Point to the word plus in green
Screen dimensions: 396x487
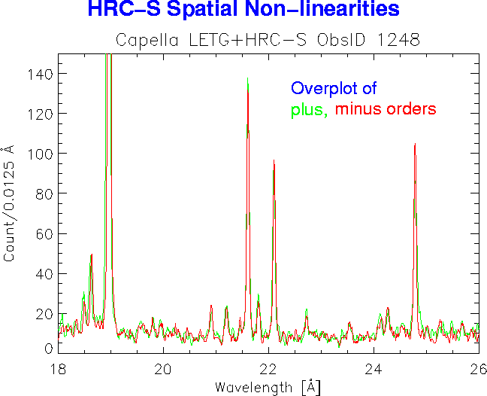[x=309, y=110]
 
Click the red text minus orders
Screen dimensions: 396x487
[x=386, y=109]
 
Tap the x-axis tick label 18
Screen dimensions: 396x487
[x=58, y=368]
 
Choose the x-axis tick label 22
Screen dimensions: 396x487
[x=268, y=368]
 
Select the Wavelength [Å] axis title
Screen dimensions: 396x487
[x=268, y=387]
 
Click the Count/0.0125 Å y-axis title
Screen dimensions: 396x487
[x=10, y=203]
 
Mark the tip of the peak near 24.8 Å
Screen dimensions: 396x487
[x=415, y=143]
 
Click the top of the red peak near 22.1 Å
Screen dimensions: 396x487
[x=274, y=160]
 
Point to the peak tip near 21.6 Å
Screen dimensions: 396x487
[x=247, y=78]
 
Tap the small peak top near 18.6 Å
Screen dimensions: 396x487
[x=91, y=254]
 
